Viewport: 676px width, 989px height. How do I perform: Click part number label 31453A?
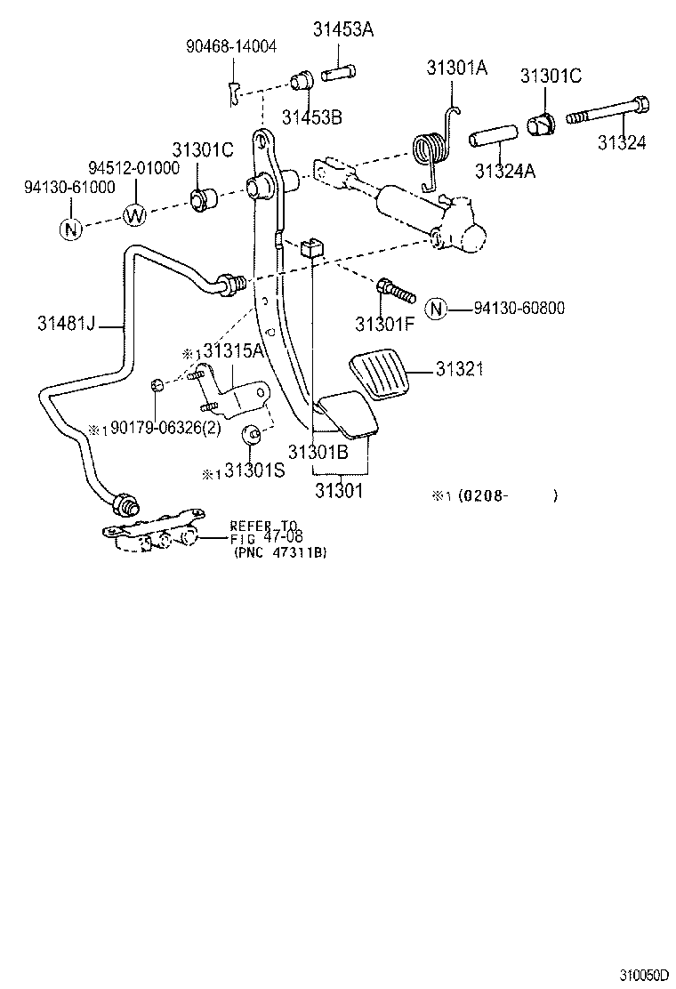point(342,29)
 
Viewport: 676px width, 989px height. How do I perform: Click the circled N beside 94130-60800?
point(435,309)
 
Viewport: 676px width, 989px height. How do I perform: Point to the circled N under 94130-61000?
point(70,229)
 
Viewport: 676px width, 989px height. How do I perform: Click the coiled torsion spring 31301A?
point(430,148)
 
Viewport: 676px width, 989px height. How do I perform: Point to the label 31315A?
point(233,350)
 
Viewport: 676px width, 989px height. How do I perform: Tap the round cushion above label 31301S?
point(251,433)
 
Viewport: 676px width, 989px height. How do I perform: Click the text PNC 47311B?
point(280,552)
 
